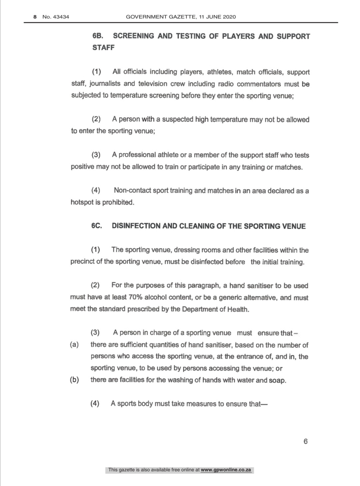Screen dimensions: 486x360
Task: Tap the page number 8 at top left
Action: (x=35, y=17)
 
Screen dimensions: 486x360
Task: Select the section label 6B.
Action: (x=98, y=36)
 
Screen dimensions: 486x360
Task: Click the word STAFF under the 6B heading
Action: (x=103, y=48)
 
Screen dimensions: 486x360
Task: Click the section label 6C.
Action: (x=96, y=226)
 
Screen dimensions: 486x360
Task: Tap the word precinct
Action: (x=82, y=262)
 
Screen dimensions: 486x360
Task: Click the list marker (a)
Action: (x=74, y=345)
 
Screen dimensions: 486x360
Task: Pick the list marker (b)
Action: (x=74, y=380)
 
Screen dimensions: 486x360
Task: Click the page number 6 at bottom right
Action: (x=306, y=441)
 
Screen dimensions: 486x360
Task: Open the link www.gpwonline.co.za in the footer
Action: (x=226, y=470)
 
